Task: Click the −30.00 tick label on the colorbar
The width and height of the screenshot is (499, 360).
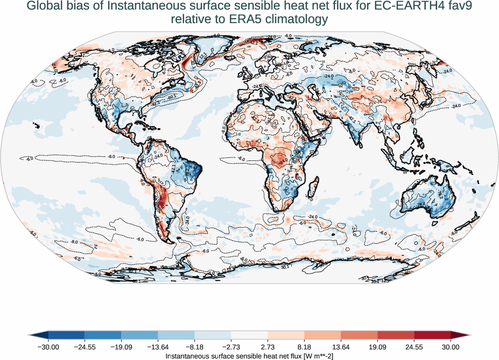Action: point(48,347)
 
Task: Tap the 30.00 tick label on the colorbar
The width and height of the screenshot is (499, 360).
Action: point(451,347)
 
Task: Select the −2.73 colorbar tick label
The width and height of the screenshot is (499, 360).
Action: point(231,347)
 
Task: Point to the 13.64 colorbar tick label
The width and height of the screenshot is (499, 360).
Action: point(341,347)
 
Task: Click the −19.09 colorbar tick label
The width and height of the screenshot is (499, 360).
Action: point(121,347)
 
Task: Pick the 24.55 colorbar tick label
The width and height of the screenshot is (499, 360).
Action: point(414,347)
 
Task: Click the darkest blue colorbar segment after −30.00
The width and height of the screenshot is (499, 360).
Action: point(66,335)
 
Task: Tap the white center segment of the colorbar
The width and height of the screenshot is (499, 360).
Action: point(249,335)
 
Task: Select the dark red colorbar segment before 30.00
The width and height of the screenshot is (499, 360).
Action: point(433,335)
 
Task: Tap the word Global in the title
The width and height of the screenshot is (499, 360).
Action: point(44,7)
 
